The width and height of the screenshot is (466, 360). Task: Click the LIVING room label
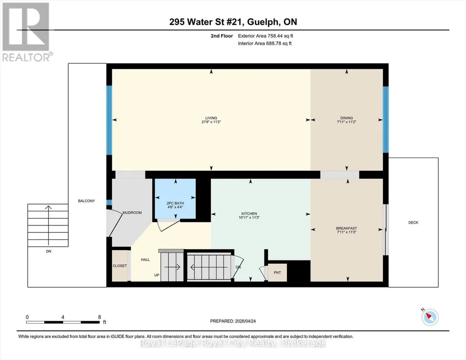(x=211, y=118)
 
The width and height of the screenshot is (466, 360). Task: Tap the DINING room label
(x=346, y=118)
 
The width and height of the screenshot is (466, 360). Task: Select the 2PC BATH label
(x=175, y=203)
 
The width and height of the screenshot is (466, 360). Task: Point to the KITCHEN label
(x=249, y=214)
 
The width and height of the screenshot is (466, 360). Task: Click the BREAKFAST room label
(x=346, y=228)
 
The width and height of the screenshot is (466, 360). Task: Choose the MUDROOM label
(x=132, y=213)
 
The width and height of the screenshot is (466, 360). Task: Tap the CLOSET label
(x=120, y=266)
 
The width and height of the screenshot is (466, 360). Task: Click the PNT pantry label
(x=277, y=273)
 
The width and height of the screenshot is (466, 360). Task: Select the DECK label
(x=413, y=222)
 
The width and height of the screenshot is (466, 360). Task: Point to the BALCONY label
(x=86, y=201)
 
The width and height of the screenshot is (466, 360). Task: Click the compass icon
(x=430, y=317)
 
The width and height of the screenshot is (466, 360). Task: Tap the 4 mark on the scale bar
(x=63, y=317)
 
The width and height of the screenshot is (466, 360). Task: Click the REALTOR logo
(x=27, y=32)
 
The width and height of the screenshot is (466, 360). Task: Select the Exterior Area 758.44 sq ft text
(x=266, y=36)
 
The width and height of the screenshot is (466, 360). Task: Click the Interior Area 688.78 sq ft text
(x=265, y=43)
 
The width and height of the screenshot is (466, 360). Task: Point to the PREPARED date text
(x=233, y=321)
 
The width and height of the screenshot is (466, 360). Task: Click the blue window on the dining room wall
(x=386, y=120)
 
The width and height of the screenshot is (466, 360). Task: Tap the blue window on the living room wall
(x=110, y=120)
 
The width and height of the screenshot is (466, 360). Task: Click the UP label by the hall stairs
(x=156, y=275)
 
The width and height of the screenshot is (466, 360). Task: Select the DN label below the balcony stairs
(x=49, y=251)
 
